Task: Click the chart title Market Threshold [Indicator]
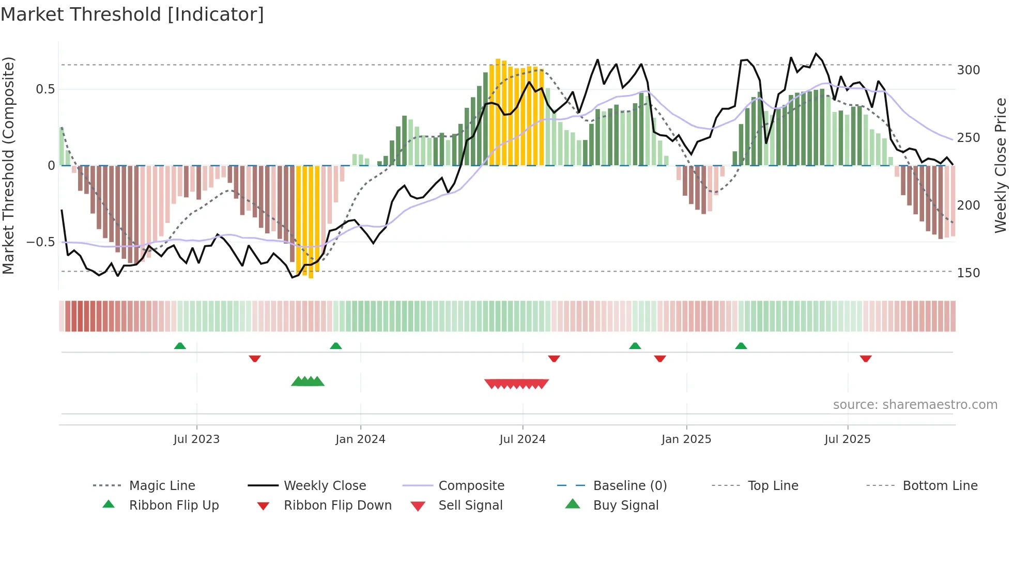coord(132,14)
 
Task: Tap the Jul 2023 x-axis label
coord(196,439)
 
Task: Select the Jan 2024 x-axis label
coord(360,439)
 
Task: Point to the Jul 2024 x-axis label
coord(523,439)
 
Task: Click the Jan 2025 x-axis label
coord(686,439)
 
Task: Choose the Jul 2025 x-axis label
coord(848,439)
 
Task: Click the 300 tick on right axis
coord(968,70)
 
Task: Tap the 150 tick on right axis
coord(968,273)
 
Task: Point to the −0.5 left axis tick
coord(40,242)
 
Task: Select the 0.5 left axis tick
coord(45,89)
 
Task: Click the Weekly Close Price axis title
coord(1001,165)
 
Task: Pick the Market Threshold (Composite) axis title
coord(8,165)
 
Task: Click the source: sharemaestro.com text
coord(915,405)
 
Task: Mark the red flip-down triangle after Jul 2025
coord(866,358)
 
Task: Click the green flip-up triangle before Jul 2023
coord(180,346)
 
